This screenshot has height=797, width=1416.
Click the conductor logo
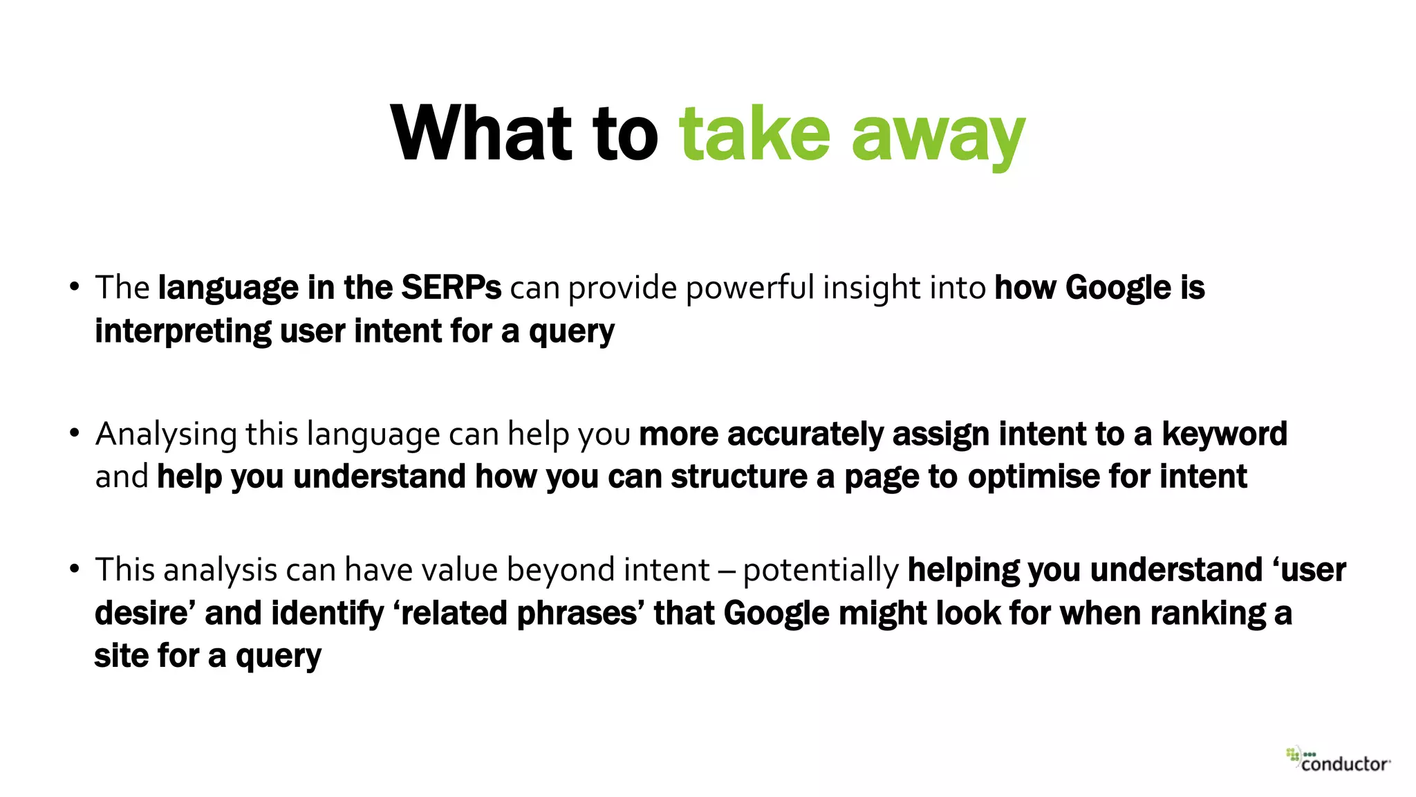pos(1339,760)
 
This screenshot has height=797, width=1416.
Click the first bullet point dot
pos(75,287)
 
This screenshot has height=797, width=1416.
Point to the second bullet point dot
pos(75,434)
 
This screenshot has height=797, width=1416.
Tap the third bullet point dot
pos(75,569)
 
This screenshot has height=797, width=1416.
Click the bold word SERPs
pos(451,288)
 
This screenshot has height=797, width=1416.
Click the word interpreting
pos(183,331)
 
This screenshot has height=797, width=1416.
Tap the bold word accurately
pos(805,434)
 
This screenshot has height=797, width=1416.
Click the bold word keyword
pos(1224,434)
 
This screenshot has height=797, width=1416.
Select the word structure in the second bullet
pos(738,477)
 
